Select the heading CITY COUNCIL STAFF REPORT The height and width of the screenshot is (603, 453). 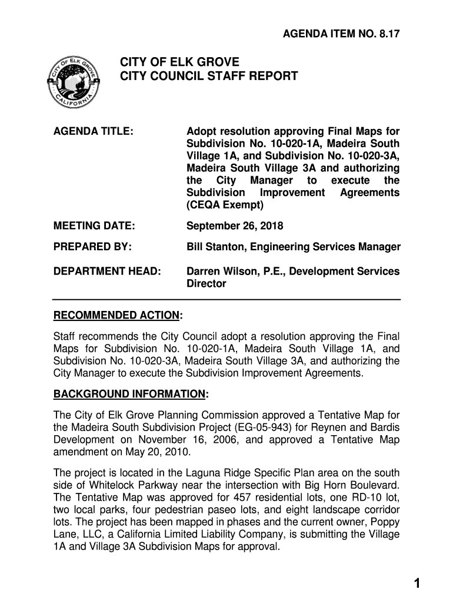tap(209, 77)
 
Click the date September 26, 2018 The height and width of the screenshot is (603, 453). tap(235, 226)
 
